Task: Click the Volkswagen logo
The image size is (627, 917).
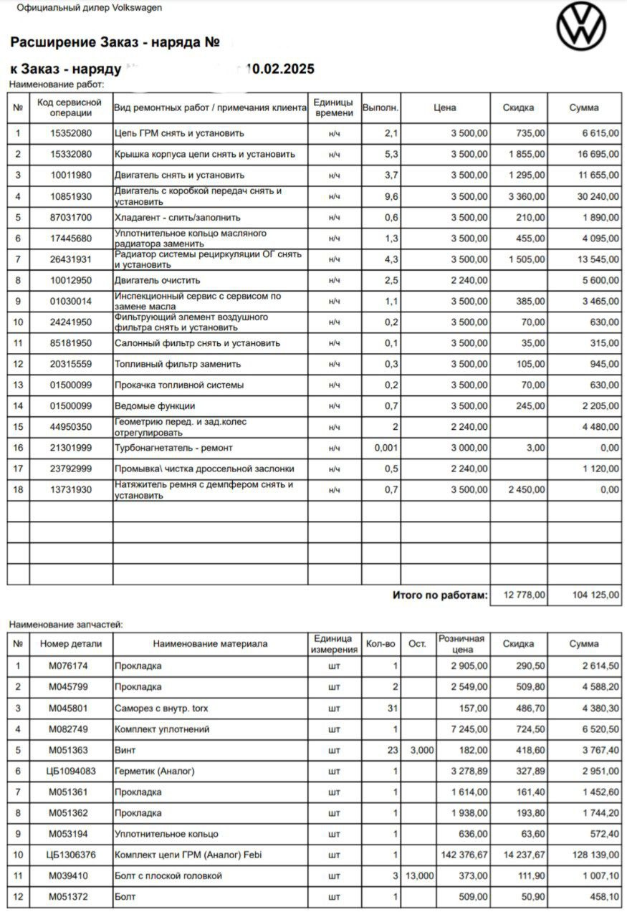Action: (581, 27)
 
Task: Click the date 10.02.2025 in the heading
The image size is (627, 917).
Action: (279, 69)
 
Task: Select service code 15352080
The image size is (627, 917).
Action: (71, 133)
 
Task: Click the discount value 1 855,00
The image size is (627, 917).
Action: (524, 154)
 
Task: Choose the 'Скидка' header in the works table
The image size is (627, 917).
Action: (518, 107)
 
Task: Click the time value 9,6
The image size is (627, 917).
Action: (391, 196)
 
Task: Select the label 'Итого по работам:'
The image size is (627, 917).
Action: (439, 595)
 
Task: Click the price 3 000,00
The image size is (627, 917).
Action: (469, 448)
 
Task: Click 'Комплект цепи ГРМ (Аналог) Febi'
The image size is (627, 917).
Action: (188, 855)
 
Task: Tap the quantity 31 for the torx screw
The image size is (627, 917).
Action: (391, 709)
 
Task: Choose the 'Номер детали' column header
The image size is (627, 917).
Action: (71, 644)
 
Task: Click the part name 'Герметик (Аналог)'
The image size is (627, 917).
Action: (154, 772)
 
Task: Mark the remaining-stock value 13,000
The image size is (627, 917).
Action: (418, 876)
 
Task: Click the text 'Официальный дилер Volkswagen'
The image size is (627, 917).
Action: (89, 8)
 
